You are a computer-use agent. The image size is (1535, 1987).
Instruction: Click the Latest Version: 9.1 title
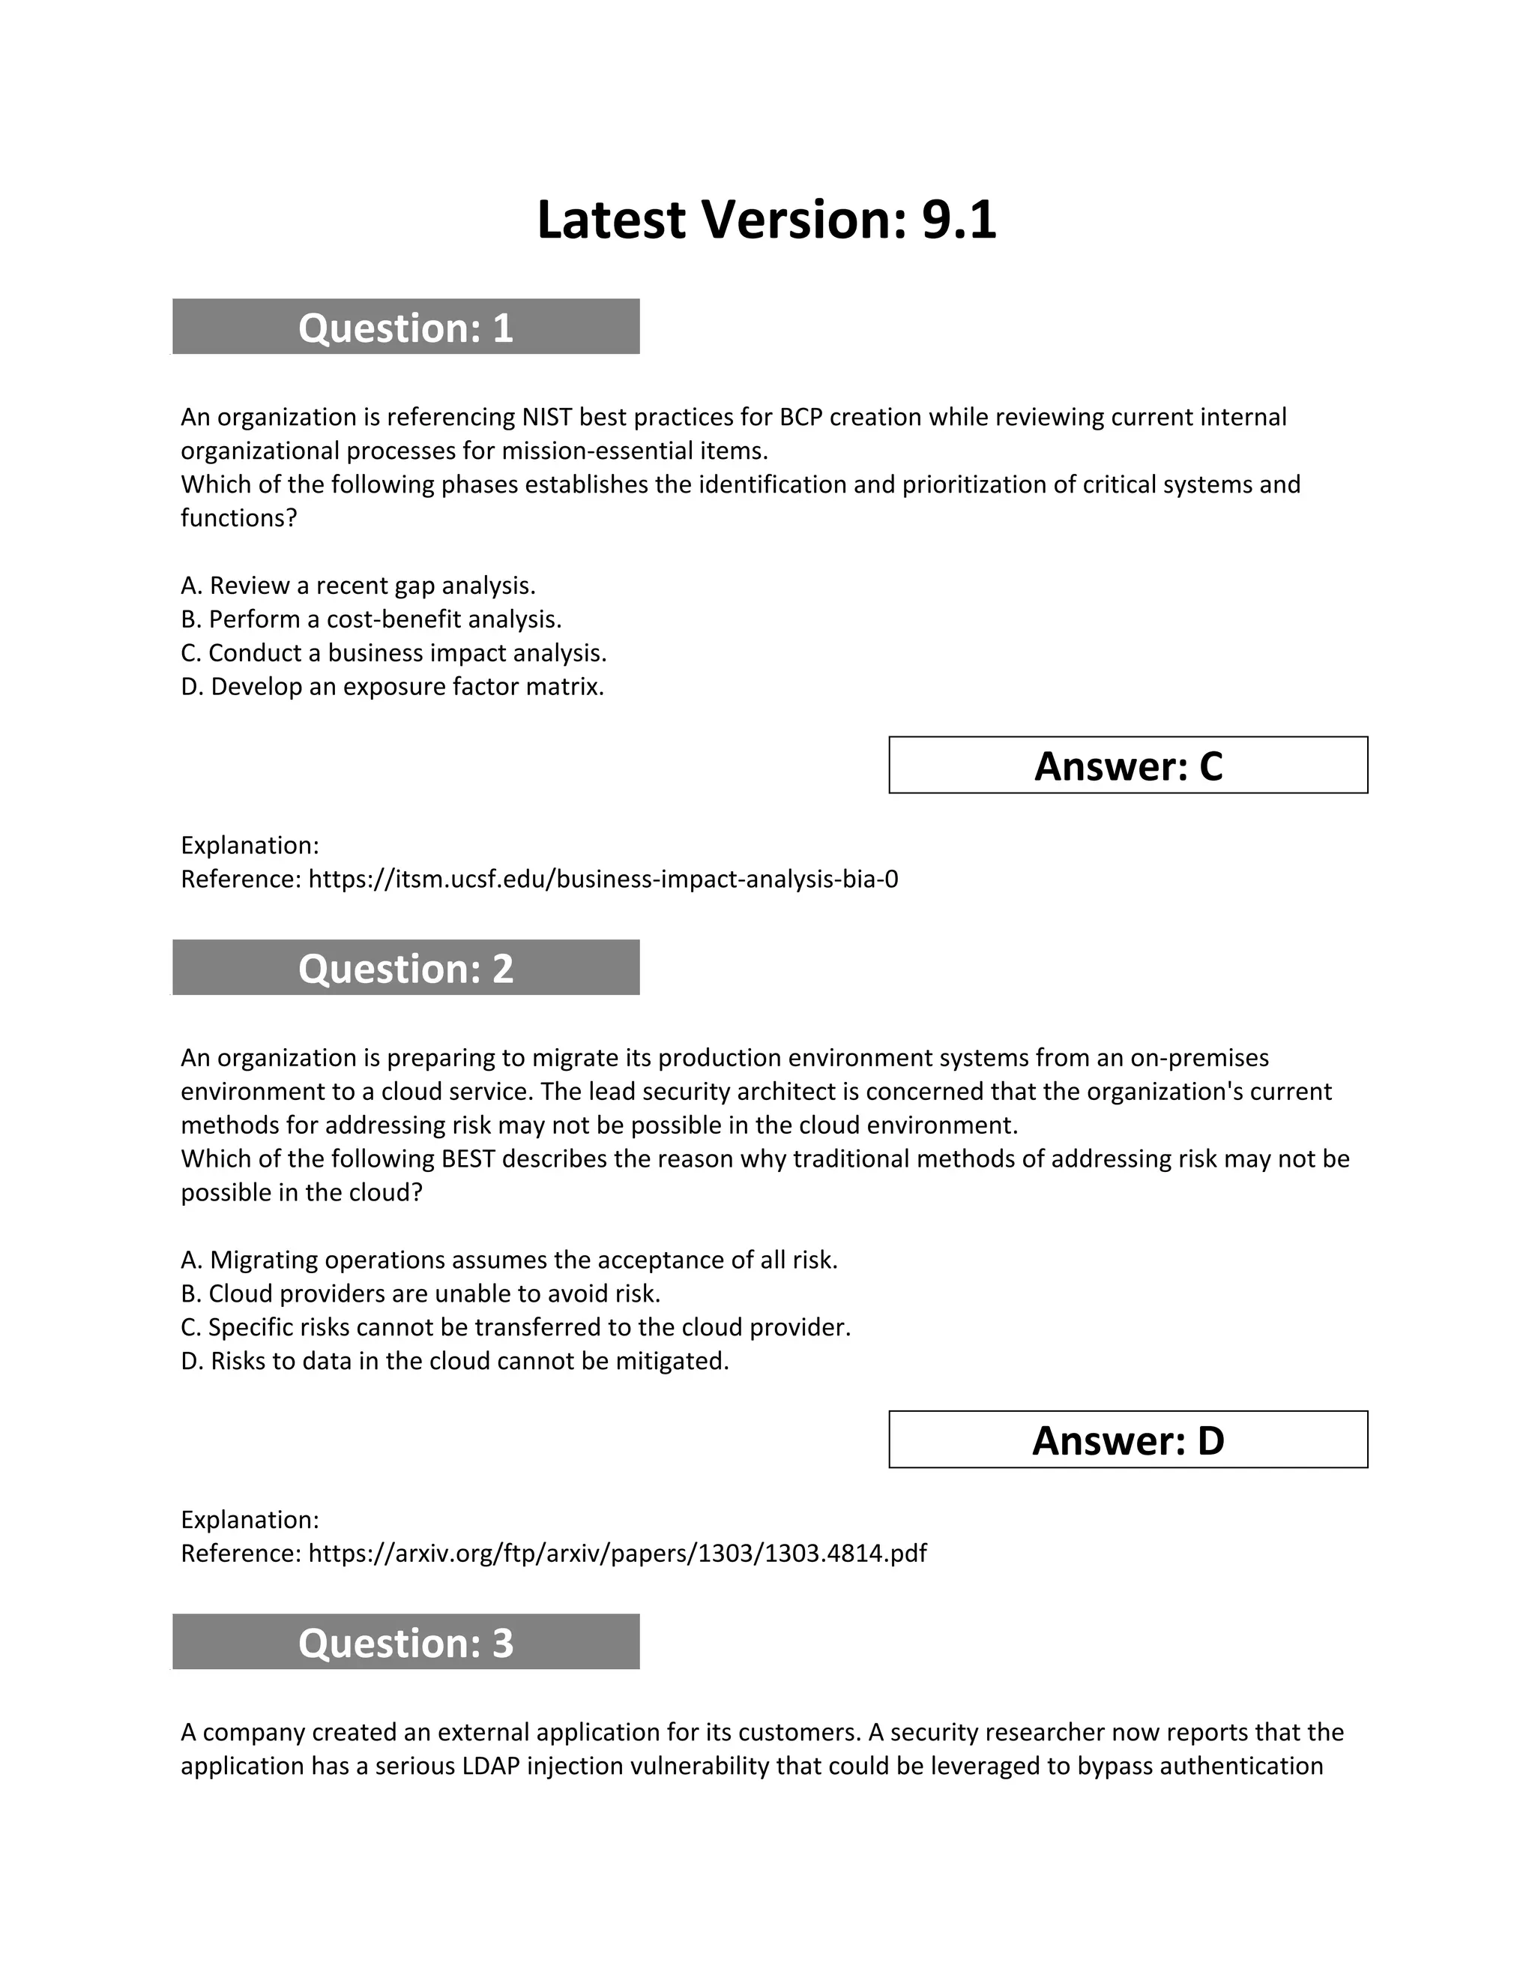767,220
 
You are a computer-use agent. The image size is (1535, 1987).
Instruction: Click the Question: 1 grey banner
405,327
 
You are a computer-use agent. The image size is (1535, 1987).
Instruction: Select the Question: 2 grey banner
405,967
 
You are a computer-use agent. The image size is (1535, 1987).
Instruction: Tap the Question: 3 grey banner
405,1642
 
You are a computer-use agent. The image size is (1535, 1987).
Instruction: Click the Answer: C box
1127,765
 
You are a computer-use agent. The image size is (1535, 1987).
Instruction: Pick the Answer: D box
1127,1440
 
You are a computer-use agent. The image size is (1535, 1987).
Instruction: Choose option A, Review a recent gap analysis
358,585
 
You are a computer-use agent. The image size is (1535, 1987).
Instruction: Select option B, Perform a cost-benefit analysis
371,619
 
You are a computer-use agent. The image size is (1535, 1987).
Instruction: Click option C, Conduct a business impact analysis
393,652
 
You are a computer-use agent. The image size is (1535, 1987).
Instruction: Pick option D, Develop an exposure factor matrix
393,686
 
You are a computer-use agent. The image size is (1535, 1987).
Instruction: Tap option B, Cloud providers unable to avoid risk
420,1293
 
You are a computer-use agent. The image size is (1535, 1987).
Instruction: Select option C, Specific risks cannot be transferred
516,1326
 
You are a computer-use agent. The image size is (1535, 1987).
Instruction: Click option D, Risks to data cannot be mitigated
455,1360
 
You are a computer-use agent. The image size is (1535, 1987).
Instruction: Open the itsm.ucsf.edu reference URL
603,879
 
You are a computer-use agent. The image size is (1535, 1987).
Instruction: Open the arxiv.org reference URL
618,1552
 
